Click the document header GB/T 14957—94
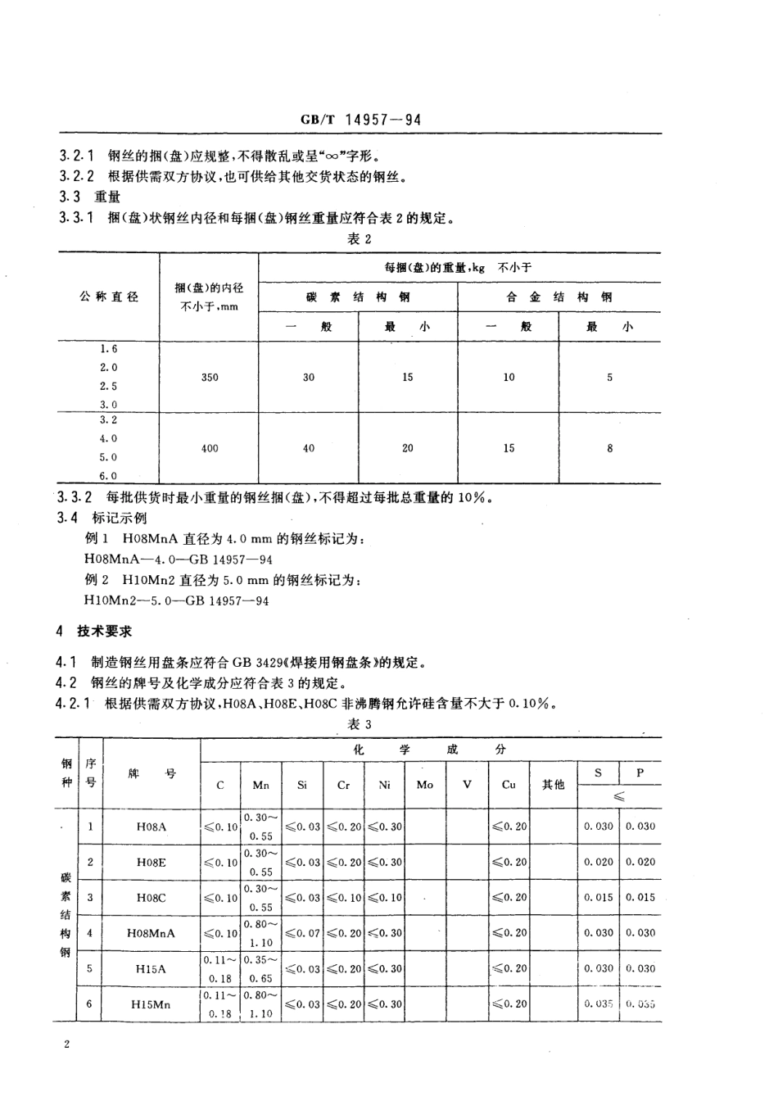pyautogui.click(x=360, y=120)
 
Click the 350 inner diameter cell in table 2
pyautogui.click(x=210, y=378)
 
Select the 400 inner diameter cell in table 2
pyautogui.click(x=210, y=449)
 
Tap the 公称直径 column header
pyautogui.click(x=109, y=297)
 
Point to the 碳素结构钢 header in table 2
pyautogui.click(x=358, y=297)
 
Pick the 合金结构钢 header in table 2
pyautogui.click(x=559, y=297)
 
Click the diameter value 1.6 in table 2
pyautogui.click(x=109, y=349)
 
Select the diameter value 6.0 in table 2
pyautogui.click(x=109, y=476)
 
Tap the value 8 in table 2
pyautogui.click(x=609, y=449)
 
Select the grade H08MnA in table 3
pyautogui.click(x=152, y=933)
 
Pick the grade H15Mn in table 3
pyautogui.click(x=152, y=1004)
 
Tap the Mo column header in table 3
pyautogui.click(x=425, y=785)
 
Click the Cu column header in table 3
pyautogui.click(x=509, y=785)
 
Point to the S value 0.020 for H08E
pyautogui.click(x=599, y=862)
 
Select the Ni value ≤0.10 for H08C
pyautogui.click(x=385, y=898)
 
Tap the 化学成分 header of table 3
pyautogui.click(x=430, y=750)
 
